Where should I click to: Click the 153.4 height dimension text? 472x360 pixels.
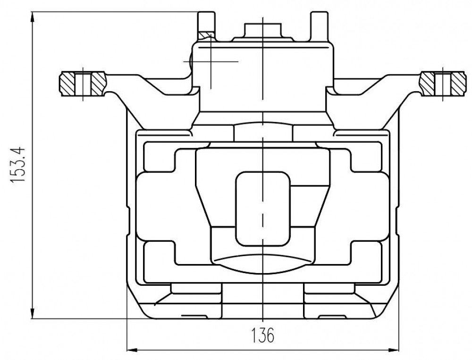click(x=17, y=165)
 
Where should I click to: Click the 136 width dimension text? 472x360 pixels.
click(x=263, y=335)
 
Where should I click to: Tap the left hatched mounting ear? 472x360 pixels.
click(x=83, y=84)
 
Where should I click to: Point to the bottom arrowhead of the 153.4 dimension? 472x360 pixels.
click(x=32, y=313)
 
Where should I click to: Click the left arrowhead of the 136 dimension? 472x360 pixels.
click(x=132, y=350)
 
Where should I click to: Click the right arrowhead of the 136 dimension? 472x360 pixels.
click(x=394, y=350)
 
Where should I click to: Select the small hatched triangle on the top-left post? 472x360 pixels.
click(x=206, y=36)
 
